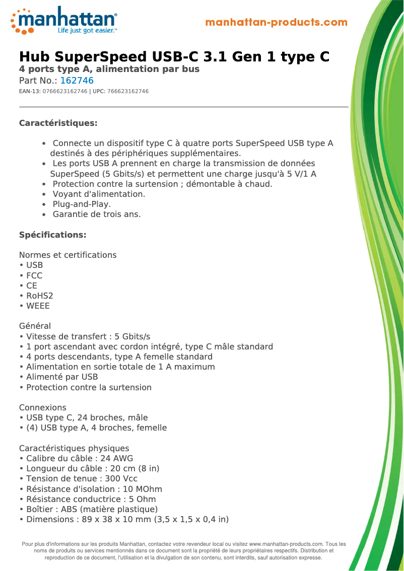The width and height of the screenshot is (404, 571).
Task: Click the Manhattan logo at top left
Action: tap(64, 21)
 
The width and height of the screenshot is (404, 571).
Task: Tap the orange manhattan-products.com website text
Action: tap(276, 23)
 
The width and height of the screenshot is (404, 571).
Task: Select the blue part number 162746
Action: tap(77, 81)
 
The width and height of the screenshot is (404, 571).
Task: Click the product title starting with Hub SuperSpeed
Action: tap(174, 56)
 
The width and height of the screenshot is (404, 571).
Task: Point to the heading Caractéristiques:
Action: tap(58, 123)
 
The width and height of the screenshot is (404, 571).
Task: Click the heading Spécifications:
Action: tap(52, 235)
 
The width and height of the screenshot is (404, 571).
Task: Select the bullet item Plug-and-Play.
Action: tap(82, 204)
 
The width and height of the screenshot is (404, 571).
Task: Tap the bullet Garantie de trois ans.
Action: tap(97, 214)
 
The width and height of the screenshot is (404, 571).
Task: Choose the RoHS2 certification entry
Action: tap(39, 296)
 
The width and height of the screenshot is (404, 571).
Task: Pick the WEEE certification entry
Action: tap(38, 306)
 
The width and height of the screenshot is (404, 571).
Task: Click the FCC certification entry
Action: tap(34, 275)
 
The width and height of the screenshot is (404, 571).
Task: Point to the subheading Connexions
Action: tap(42, 407)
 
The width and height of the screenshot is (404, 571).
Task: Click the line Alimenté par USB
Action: tap(61, 377)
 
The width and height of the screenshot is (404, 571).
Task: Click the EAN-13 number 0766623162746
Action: tap(64, 92)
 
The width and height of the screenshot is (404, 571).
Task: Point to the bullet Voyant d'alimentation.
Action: tap(99, 194)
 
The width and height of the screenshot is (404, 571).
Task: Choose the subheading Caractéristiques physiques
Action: tap(74, 448)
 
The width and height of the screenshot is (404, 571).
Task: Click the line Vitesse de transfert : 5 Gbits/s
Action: tap(88, 336)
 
